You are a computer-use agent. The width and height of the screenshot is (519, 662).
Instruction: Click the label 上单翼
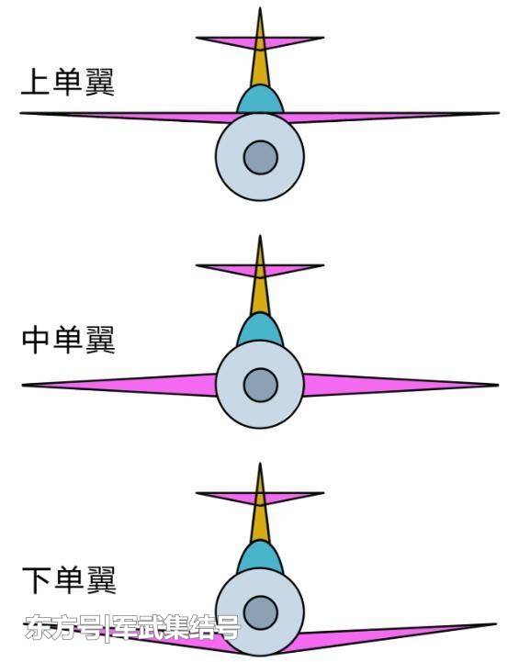tap(68, 82)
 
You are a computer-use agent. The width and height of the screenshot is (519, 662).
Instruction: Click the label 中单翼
tap(68, 340)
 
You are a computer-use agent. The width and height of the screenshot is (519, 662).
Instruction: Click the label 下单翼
tap(69, 580)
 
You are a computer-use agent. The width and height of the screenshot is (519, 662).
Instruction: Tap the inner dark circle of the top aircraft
tap(261, 158)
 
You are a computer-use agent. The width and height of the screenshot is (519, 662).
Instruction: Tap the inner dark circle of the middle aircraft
tap(261, 385)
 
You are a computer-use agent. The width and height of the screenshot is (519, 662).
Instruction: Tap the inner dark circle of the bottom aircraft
tap(261, 612)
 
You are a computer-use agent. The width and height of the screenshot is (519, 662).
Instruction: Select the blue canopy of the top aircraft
tap(260, 100)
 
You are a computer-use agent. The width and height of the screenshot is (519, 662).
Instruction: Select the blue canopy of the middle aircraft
tap(260, 331)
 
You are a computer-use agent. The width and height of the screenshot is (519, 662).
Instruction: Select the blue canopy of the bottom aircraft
tap(260, 558)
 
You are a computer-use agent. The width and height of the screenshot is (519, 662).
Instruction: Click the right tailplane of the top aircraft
tap(291, 42)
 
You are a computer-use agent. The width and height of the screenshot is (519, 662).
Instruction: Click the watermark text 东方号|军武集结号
tap(132, 626)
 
